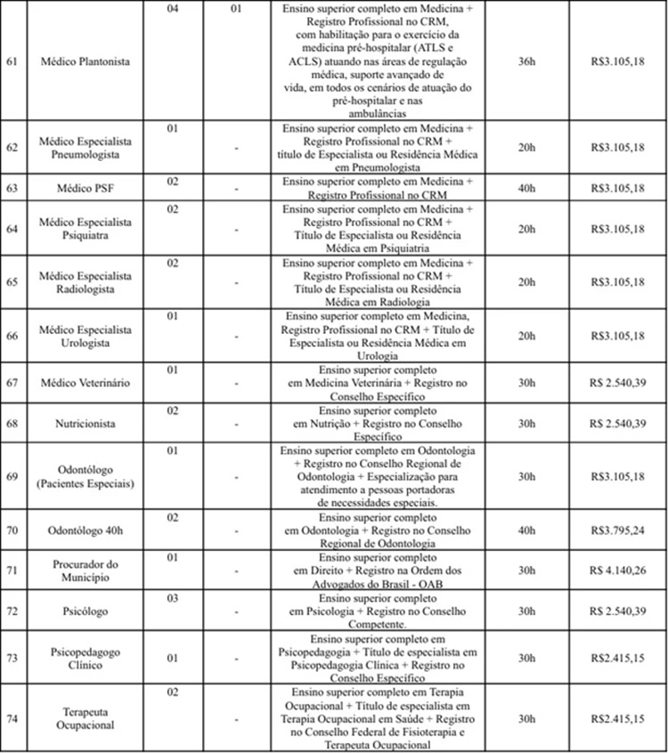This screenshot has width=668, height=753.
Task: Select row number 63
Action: [12, 189]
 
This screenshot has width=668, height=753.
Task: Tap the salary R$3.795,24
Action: [617, 531]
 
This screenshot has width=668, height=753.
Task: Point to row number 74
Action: [12, 718]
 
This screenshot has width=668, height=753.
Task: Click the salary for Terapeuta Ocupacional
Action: [617, 718]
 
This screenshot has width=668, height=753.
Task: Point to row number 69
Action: [12, 476]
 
